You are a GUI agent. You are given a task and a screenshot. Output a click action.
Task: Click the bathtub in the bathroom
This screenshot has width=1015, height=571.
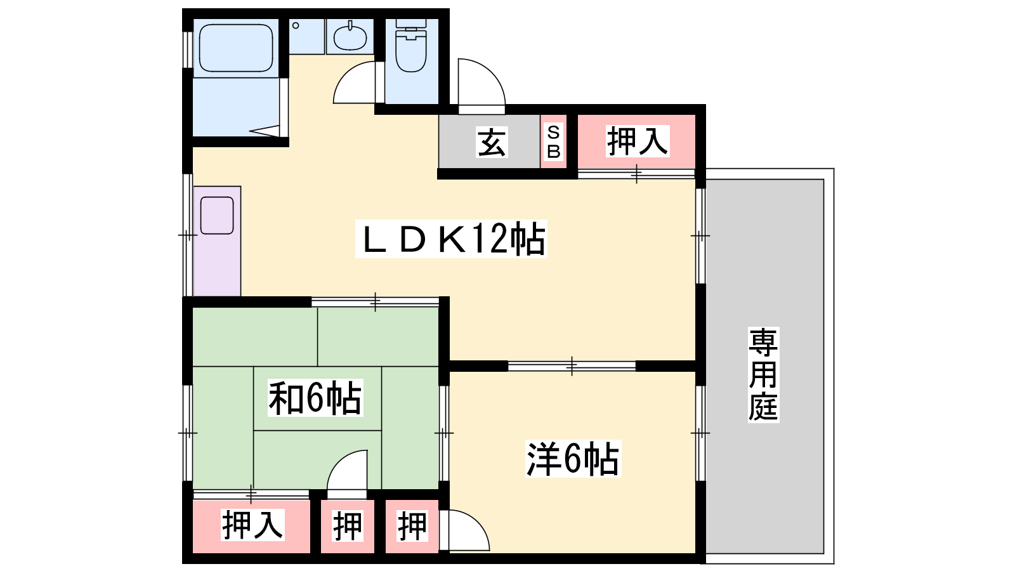[x=235, y=48]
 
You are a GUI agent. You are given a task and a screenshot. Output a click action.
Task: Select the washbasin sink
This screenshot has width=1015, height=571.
[x=350, y=37]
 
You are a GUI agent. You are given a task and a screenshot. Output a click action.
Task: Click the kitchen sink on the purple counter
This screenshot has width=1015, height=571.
[x=217, y=215]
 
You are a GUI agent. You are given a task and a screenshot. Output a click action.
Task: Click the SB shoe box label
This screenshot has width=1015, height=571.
[x=553, y=142]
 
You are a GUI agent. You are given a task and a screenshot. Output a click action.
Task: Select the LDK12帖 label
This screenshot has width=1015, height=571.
[x=451, y=239]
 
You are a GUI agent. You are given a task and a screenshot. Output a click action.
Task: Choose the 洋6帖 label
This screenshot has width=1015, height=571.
[x=573, y=459]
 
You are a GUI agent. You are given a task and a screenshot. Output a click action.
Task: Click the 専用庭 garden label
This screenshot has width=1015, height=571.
[x=763, y=375]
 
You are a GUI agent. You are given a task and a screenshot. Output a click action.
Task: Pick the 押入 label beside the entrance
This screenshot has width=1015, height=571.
[x=637, y=141]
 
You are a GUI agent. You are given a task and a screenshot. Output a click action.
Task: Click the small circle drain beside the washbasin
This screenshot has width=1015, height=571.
[x=296, y=25]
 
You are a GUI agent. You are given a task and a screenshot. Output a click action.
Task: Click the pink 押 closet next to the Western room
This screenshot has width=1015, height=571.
[x=412, y=526]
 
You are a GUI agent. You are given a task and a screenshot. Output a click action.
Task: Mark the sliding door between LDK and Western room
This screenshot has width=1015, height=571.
[x=572, y=366]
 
